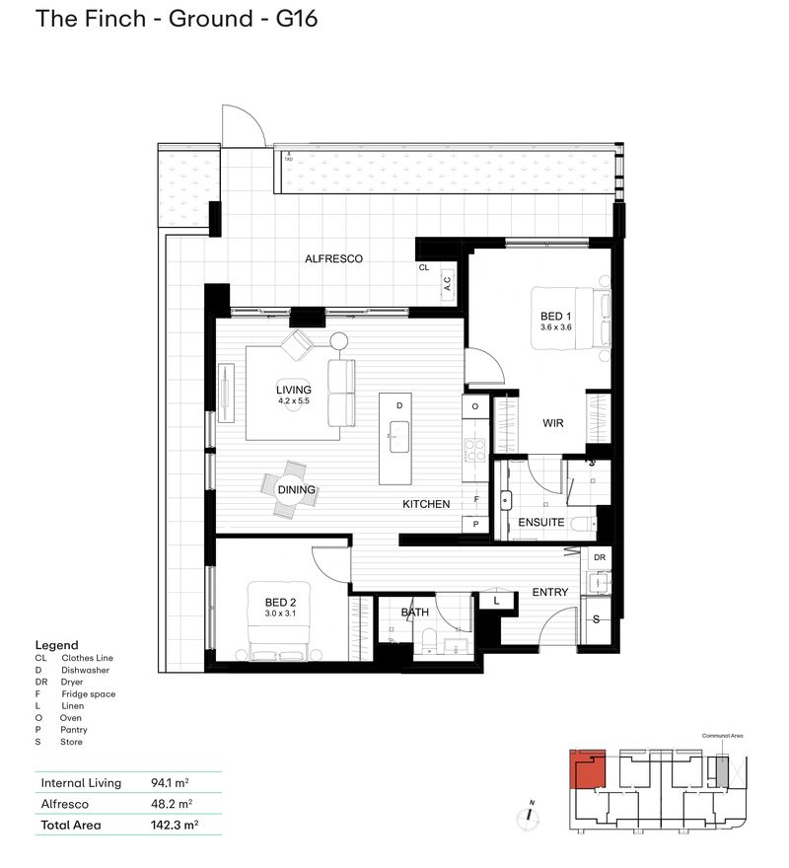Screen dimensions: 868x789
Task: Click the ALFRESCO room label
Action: click(333, 259)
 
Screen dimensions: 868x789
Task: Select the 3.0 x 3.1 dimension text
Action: click(280, 615)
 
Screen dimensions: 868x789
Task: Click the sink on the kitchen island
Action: click(399, 434)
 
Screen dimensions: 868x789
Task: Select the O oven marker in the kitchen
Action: click(475, 406)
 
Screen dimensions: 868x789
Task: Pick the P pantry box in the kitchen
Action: click(475, 525)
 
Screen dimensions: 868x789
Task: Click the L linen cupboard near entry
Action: click(496, 600)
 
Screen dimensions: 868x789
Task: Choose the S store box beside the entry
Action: click(597, 619)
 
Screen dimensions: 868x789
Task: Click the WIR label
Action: click(553, 423)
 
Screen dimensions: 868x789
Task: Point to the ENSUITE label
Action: click(540, 523)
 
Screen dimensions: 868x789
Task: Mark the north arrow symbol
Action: click(530, 815)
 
